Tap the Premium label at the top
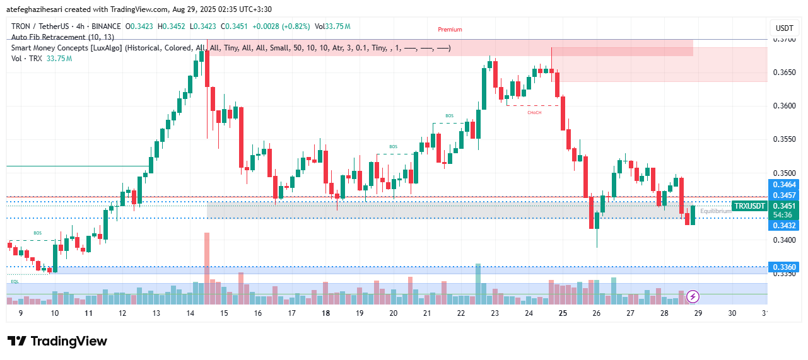(450, 30)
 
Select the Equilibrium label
(715, 211)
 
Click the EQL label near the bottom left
(15, 281)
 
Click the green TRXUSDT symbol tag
(749, 206)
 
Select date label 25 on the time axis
(563, 313)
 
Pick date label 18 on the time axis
(325, 313)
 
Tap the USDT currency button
(784, 28)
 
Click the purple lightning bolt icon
(693, 296)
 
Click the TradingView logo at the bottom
(57, 341)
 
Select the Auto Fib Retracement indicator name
(62, 37)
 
